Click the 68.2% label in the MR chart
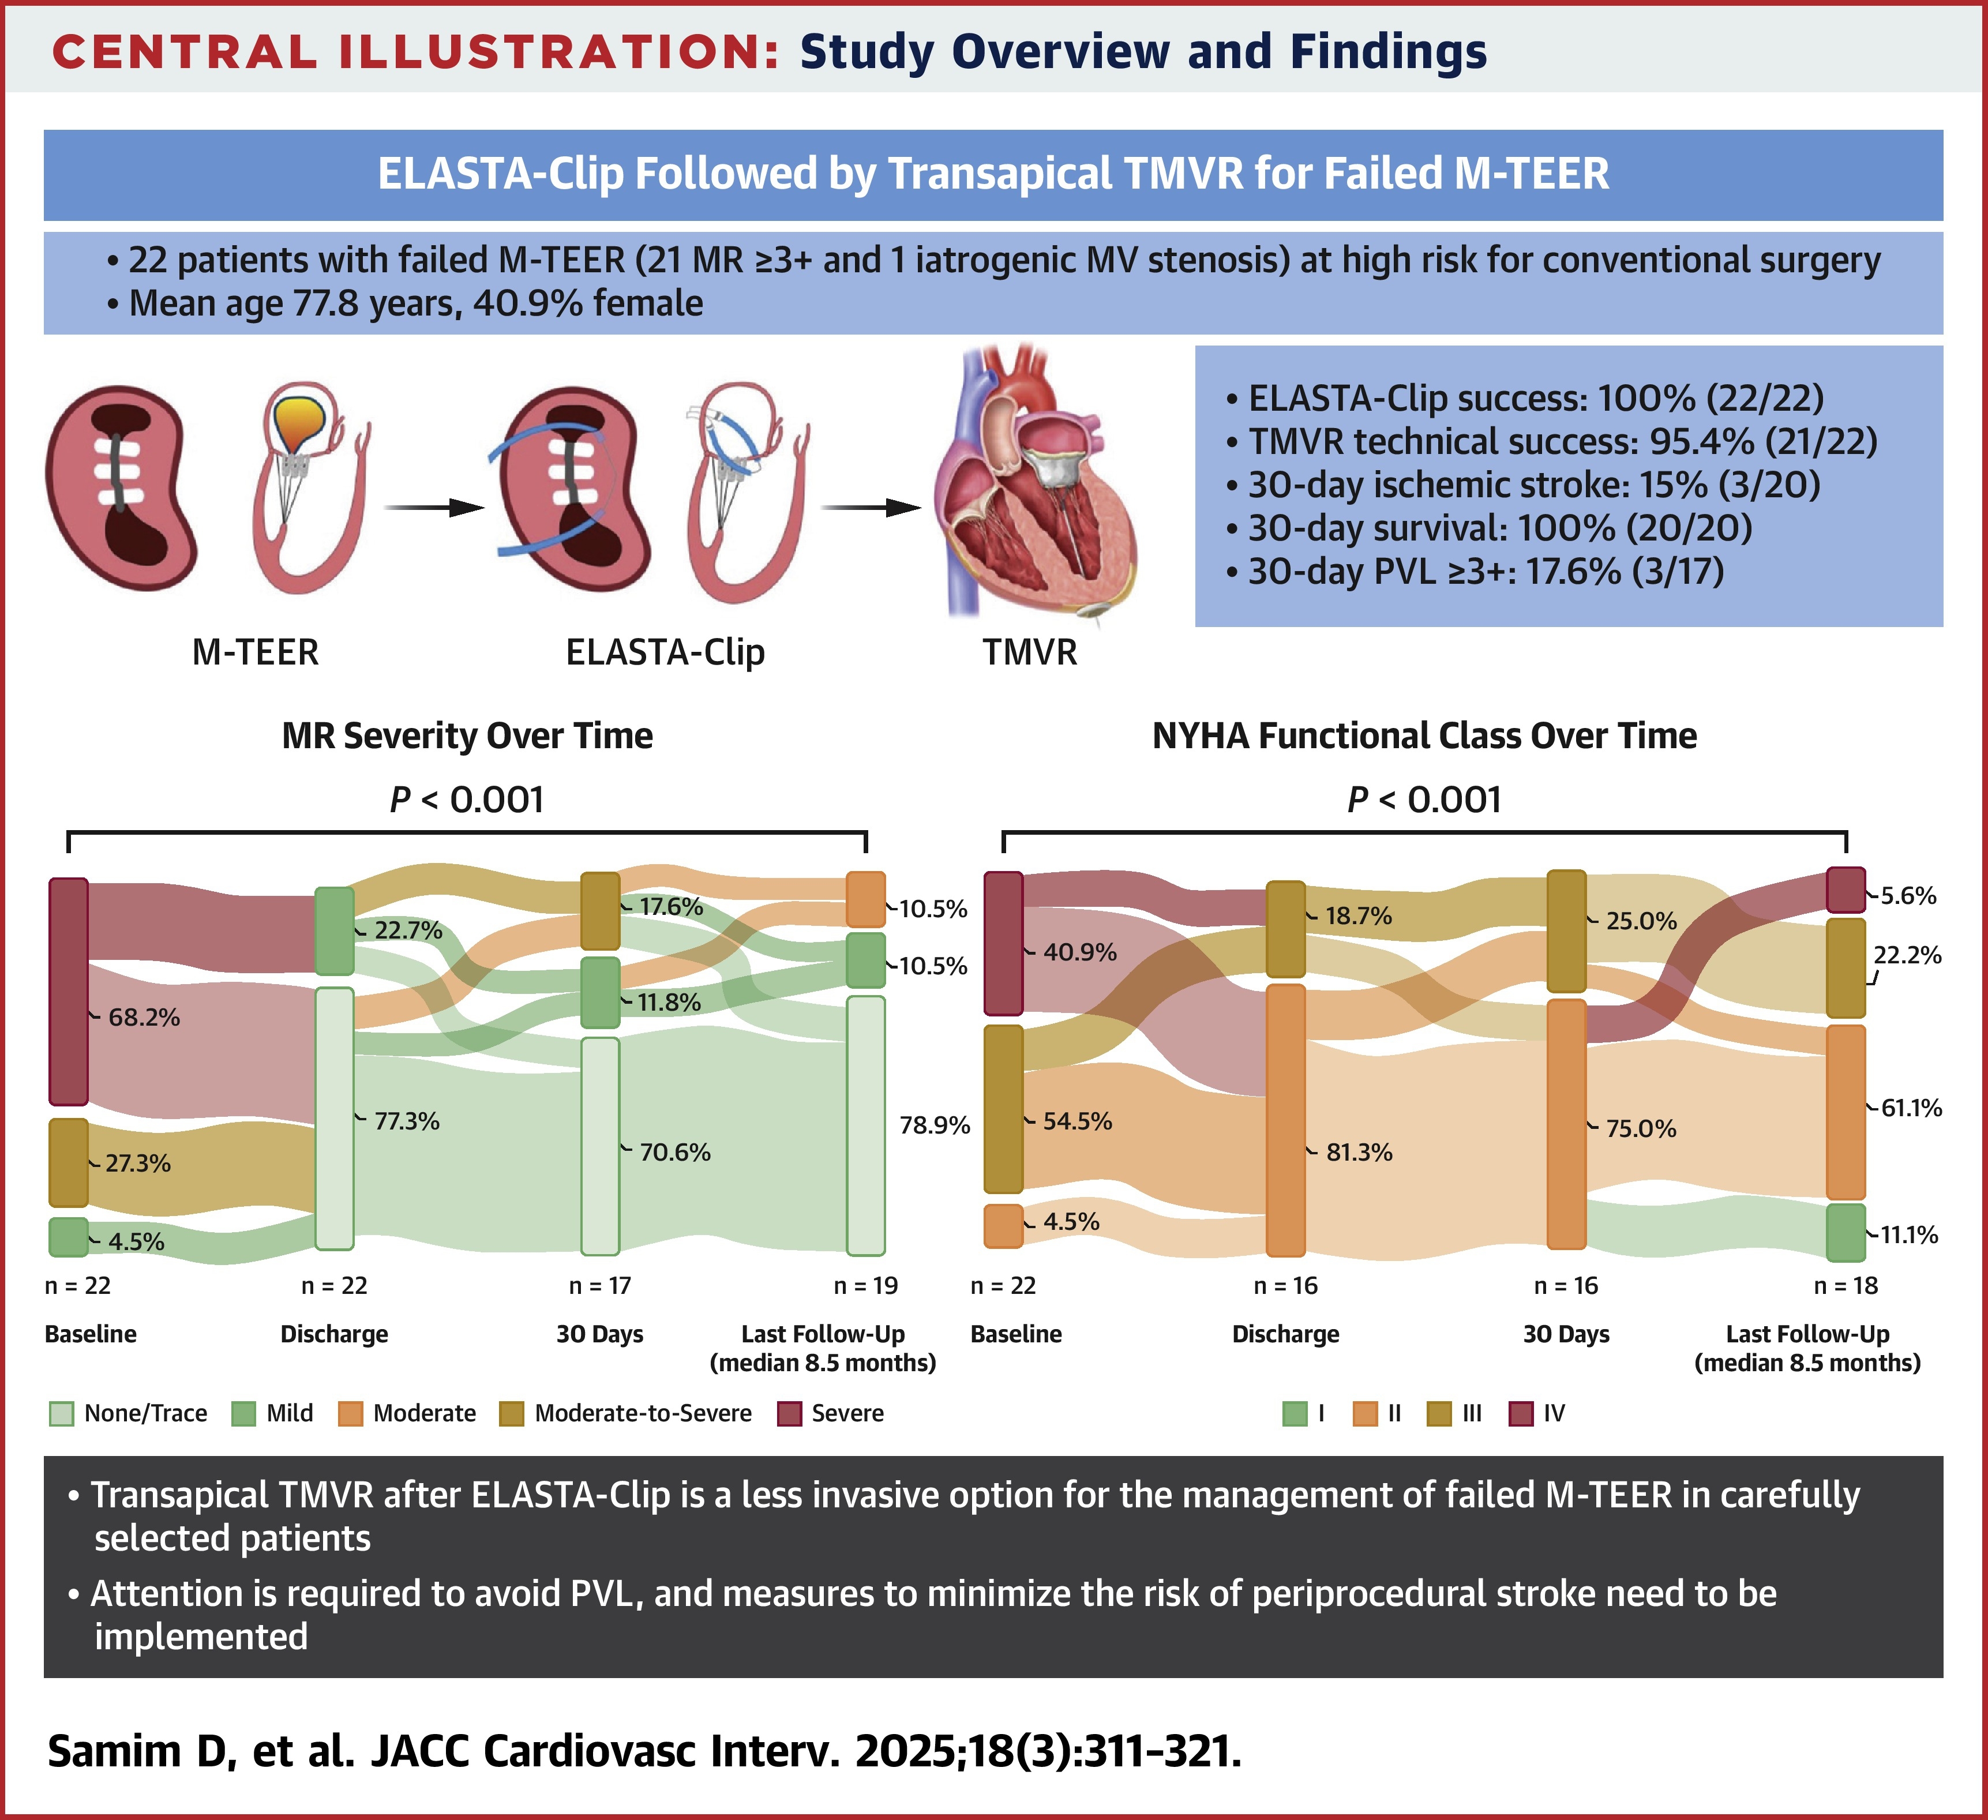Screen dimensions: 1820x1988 pyautogui.click(x=144, y=1018)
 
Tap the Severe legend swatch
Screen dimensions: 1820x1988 pyautogui.click(x=789, y=1414)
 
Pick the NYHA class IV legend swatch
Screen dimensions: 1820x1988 pyautogui.click(x=1521, y=1414)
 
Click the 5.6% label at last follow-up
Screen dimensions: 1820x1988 pyautogui.click(x=1908, y=896)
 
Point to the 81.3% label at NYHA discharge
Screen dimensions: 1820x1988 pyautogui.click(x=1359, y=1153)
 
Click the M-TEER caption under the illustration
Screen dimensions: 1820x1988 pyautogui.click(x=256, y=652)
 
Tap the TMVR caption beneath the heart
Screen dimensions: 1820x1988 pyautogui.click(x=1030, y=652)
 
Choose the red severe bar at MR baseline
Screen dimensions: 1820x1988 pyautogui.click(x=69, y=991)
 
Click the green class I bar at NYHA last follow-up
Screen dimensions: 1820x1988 pyautogui.click(x=1846, y=1232)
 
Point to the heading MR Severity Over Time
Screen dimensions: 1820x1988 pyautogui.click(x=467, y=737)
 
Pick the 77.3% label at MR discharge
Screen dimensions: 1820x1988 pyautogui.click(x=406, y=1121)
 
